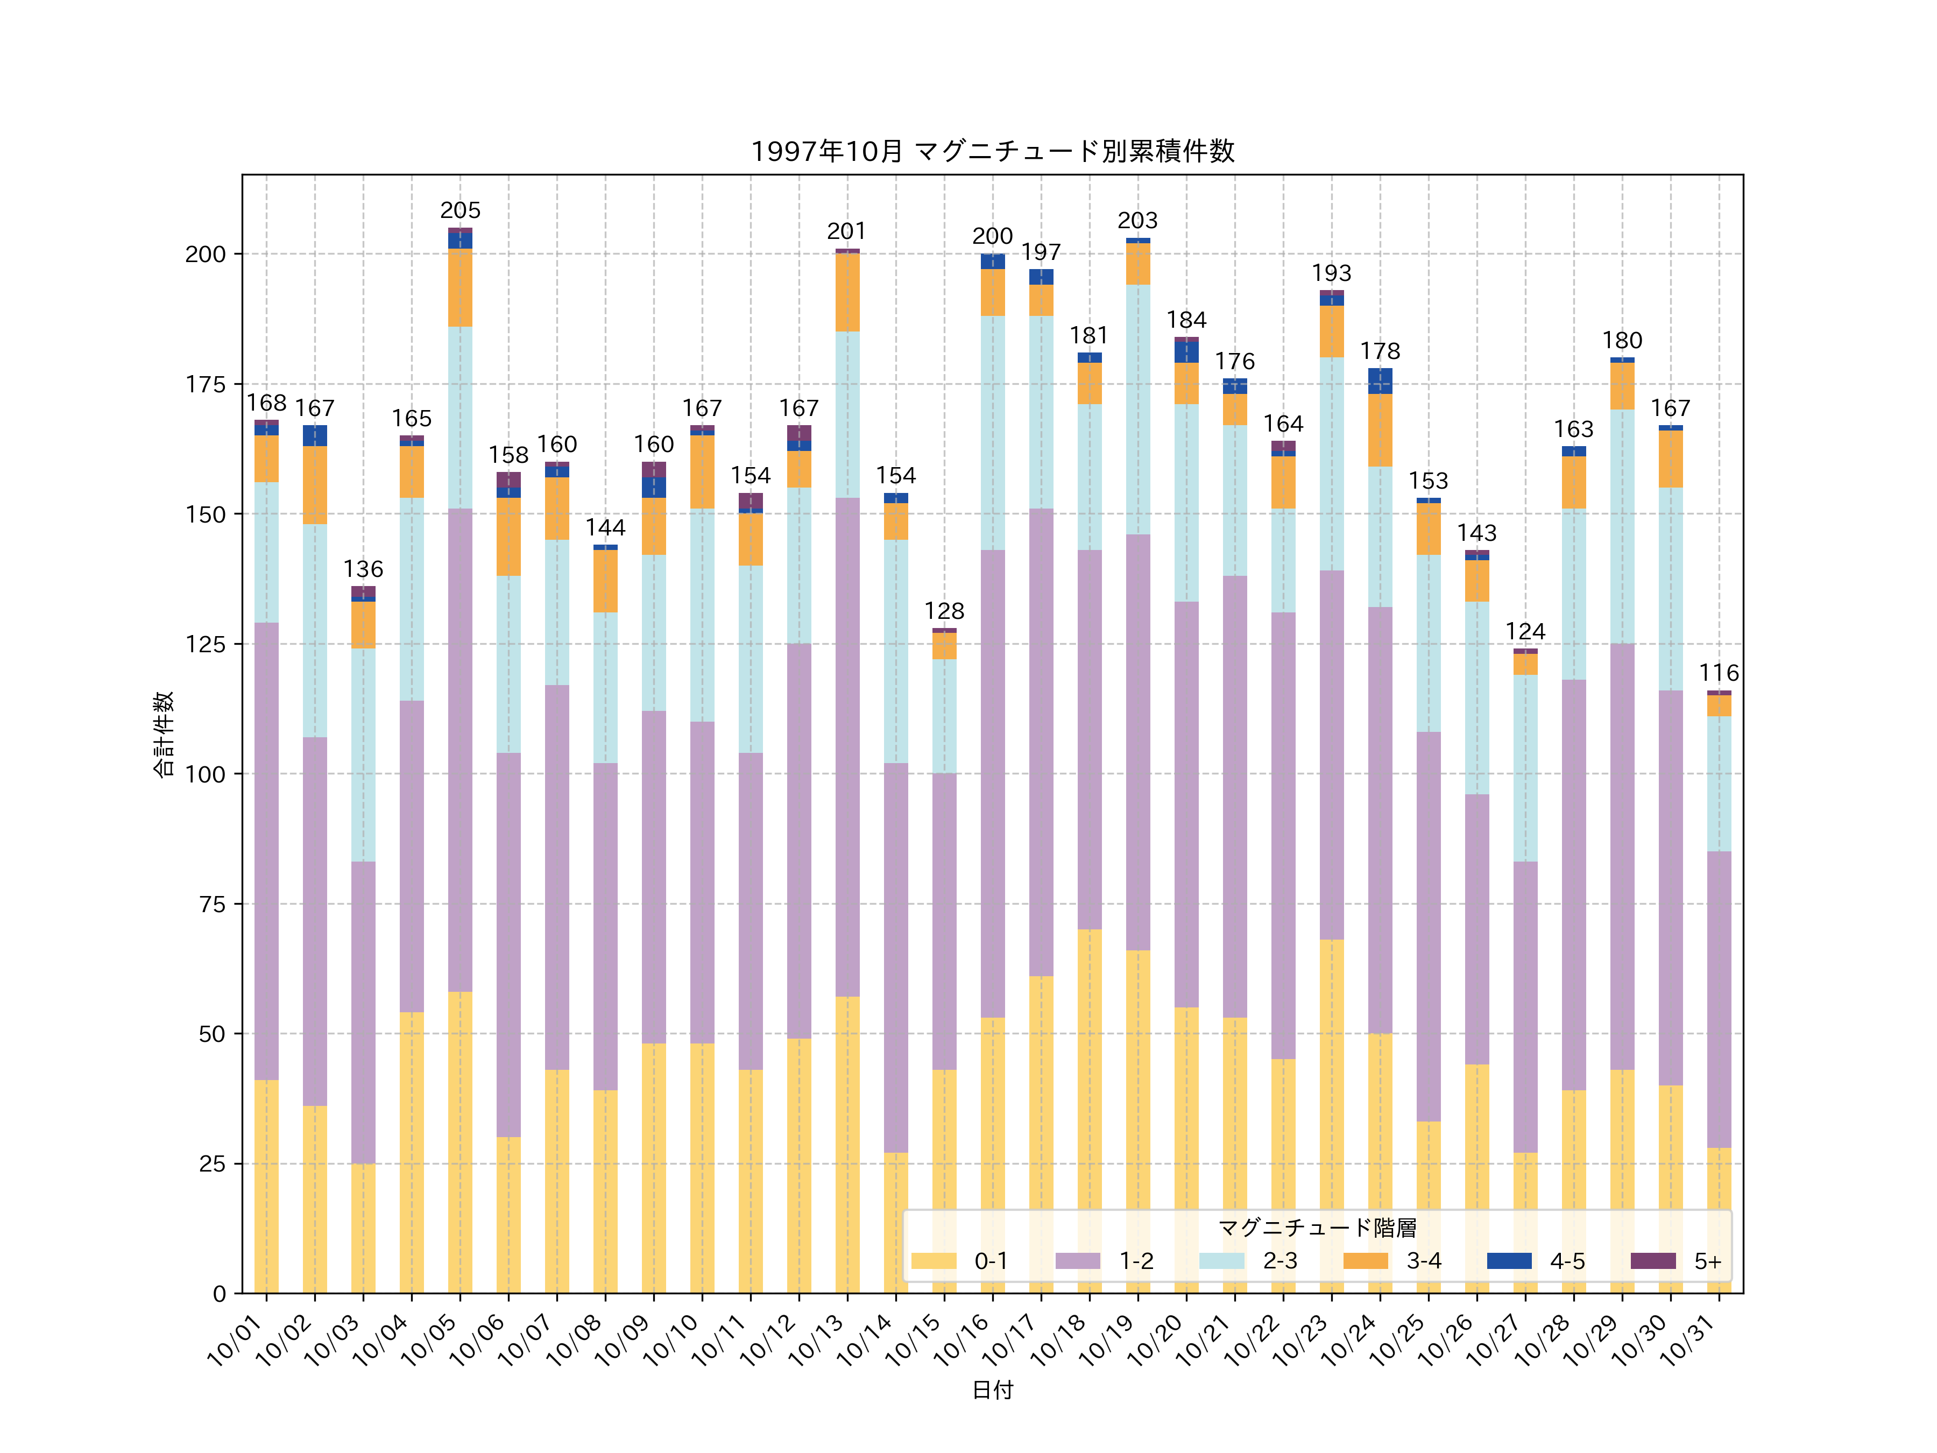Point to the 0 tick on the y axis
coord(219,1294)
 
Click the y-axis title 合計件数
coord(164,734)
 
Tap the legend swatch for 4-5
coord(1509,1260)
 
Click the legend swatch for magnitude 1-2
coord(1077,1260)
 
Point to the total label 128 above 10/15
coord(944,611)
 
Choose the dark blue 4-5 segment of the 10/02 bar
coord(315,435)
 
